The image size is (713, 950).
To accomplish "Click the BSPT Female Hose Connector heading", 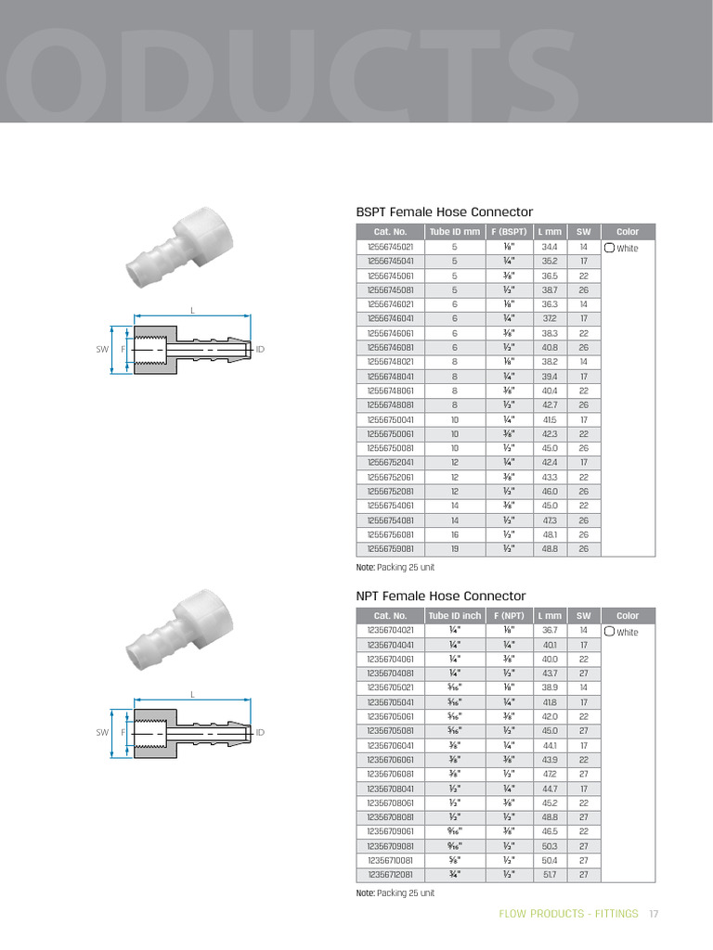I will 445,212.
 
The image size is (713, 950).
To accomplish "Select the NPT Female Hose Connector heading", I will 441,596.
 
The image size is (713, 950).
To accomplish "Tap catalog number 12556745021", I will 390,248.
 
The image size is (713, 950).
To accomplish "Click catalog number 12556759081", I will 390,549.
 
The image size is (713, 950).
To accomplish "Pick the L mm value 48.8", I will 550,549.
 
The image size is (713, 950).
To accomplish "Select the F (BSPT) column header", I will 508,231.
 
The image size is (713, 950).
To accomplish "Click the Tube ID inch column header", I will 454,615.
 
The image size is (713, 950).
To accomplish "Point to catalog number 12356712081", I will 390,874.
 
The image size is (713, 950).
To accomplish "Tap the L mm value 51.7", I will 550,874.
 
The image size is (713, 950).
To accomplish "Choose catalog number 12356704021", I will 390,631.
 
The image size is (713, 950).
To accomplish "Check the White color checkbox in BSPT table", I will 610,249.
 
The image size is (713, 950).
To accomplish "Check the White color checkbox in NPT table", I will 610,633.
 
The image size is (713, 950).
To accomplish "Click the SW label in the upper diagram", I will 102,349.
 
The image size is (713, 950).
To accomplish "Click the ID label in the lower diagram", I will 261,733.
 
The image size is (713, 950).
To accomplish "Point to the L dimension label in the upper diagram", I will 193,310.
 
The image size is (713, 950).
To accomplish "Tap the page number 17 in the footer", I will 654,914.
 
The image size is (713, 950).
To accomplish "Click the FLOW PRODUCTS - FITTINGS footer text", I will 568,914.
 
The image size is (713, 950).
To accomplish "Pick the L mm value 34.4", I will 550,248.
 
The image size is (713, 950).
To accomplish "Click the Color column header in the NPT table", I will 628,615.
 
